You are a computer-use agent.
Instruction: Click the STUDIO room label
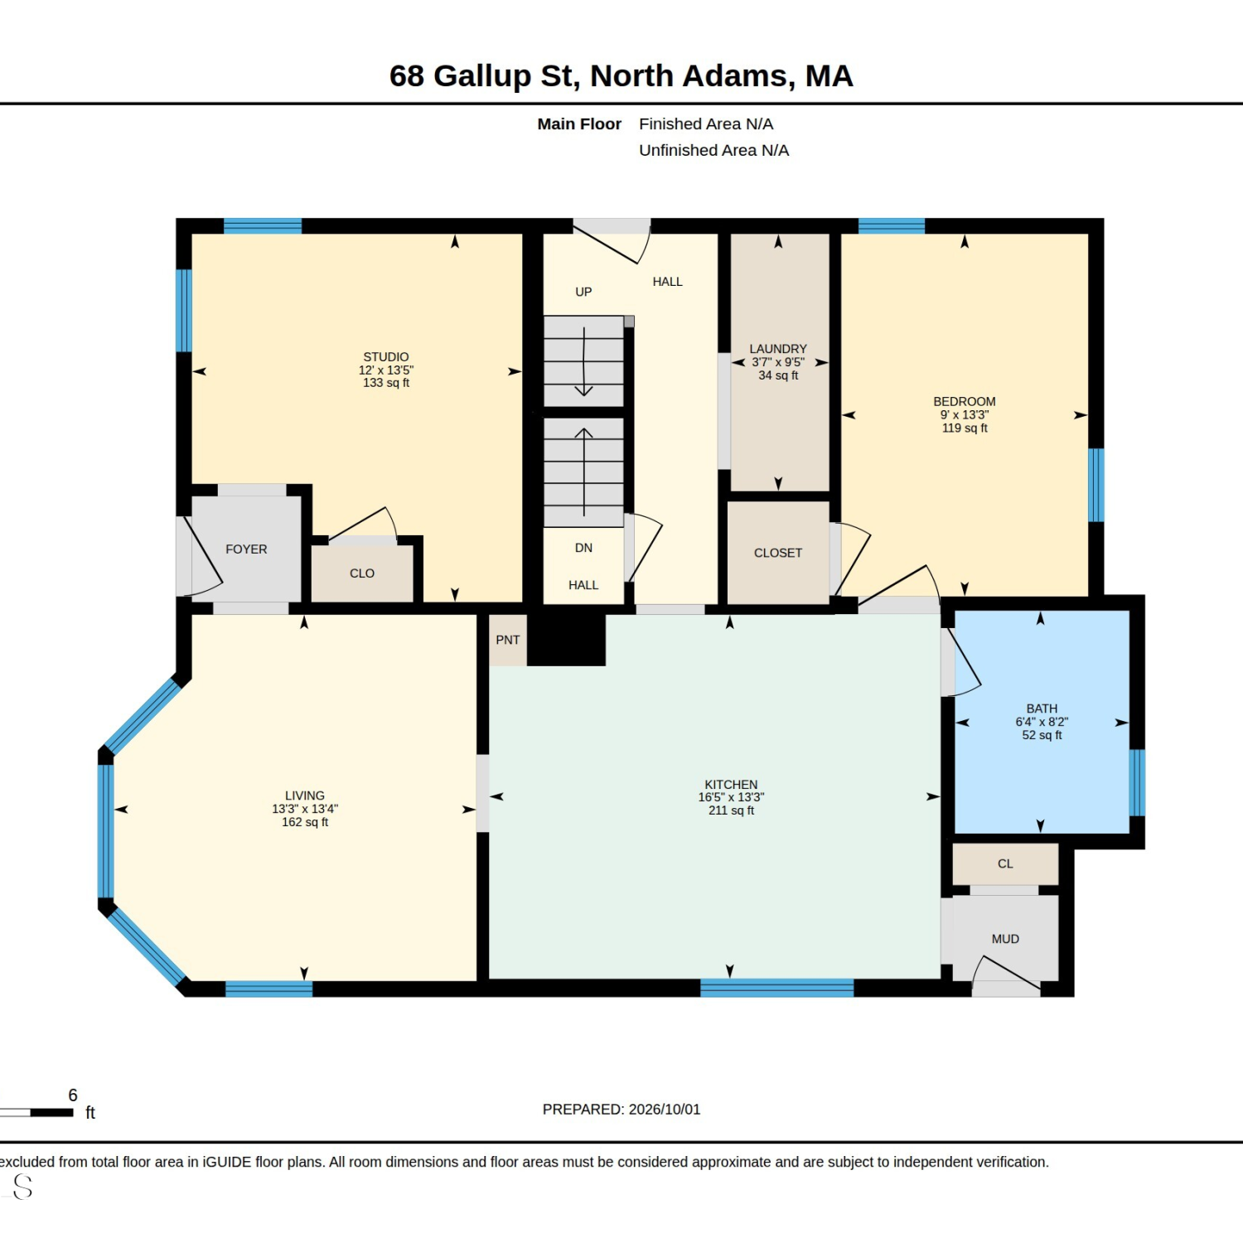coord(386,357)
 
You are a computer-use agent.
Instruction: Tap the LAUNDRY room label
coord(778,349)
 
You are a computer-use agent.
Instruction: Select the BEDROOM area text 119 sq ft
coord(965,428)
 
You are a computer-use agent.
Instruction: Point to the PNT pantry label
coord(508,640)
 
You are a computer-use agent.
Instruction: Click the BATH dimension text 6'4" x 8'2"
coord(1042,722)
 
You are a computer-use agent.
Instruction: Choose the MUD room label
coord(1005,939)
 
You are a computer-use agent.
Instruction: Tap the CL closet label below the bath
coord(1005,863)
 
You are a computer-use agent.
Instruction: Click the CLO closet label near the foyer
coord(362,573)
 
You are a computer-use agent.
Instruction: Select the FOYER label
coord(246,549)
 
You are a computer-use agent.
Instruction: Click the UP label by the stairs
coord(583,292)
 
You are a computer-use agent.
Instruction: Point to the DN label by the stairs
coord(583,548)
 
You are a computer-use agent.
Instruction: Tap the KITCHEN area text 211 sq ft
coord(731,810)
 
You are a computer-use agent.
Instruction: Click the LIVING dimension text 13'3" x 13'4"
coord(305,809)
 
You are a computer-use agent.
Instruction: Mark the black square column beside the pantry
coord(567,638)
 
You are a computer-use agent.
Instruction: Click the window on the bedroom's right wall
coord(1095,485)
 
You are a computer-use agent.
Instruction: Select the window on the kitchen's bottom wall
coord(777,988)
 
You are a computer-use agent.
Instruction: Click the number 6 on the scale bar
coord(73,1095)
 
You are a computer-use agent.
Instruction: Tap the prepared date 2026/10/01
coord(665,1110)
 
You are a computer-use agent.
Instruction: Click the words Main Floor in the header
coord(579,124)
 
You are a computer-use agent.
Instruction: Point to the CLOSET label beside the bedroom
coord(778,553)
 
